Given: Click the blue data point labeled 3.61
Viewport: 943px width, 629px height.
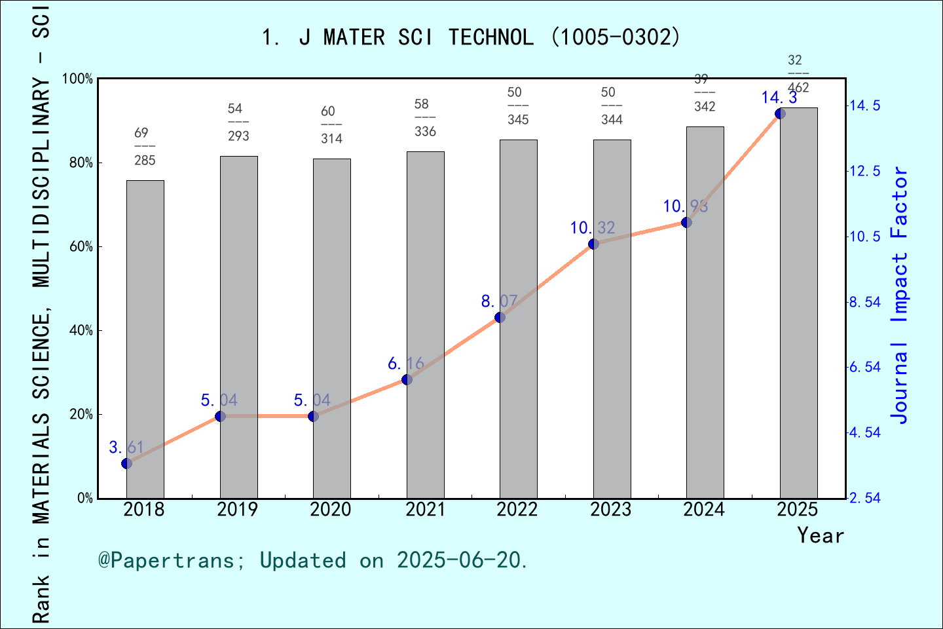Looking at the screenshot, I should [127, 464].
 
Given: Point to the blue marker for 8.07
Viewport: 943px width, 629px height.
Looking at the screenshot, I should [500, 318].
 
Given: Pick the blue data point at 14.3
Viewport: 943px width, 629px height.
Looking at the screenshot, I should [780, 114].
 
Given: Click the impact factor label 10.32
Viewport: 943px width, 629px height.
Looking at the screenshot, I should [593, 228].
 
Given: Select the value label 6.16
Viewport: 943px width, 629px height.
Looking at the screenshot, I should [406, 364].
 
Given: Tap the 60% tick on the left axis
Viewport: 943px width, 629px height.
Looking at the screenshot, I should [81, 247].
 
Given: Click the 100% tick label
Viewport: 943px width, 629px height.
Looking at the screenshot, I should [78, 79].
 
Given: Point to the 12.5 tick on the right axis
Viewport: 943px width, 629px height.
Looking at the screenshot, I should [865, 171].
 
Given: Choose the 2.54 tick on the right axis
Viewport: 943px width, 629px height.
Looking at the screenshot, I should [865, 498].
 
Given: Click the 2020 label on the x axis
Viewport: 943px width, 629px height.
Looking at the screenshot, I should [331, 509].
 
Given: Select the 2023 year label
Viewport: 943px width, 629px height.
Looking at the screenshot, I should [611, 509].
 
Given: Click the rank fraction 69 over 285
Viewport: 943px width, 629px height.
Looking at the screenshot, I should [145, 147].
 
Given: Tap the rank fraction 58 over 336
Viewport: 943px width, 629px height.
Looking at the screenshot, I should [425, 118].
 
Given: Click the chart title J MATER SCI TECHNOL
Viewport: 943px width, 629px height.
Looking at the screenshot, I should [471, 37].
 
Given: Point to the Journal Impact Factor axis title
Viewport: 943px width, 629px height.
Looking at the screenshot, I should [900, 295].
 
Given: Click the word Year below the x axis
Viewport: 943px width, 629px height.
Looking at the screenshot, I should [821, 535].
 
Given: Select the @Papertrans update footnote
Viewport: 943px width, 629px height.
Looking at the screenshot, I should [313, 560].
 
